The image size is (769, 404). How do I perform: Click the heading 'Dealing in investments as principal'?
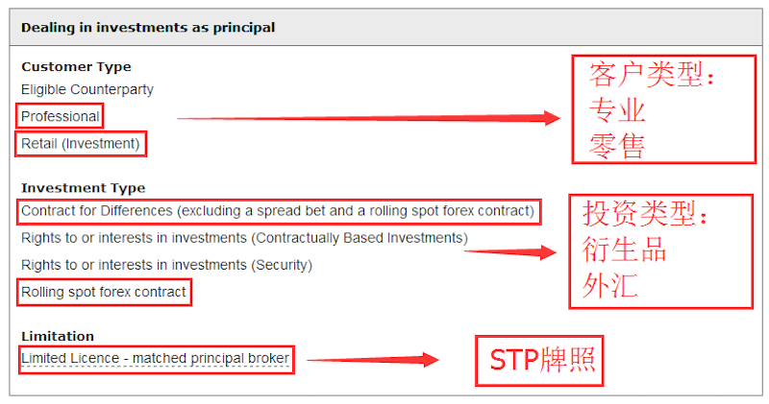[x=148, y=28]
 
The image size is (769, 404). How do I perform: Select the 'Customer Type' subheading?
[x=77, y=66]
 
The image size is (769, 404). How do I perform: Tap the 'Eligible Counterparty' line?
[x=87, y=89]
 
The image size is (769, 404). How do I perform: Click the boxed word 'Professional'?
[x=61, y=116]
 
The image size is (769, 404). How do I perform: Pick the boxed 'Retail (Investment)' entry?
[x=81, y=144]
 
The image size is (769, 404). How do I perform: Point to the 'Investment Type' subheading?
[x=84, y=188]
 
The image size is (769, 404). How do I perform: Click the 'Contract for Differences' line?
[x=278, y=211]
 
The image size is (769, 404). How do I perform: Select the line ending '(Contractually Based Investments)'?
[x=244, y=238]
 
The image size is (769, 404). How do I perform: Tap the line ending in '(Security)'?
[x=166, y=265]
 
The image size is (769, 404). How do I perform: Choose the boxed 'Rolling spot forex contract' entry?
[x=104, y=292]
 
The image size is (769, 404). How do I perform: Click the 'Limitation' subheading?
[x=58, y=337]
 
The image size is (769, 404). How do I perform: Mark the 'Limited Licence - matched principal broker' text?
[x=155, y=359]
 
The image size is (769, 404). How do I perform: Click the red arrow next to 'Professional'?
[x=369, y=118]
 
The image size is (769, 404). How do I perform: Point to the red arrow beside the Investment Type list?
[x=510, y=252]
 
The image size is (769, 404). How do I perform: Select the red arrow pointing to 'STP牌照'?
[x=373, y=360]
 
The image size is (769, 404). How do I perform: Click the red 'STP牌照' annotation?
[x=542, y=361]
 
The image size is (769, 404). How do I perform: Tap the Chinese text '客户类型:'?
[x=652, y=75]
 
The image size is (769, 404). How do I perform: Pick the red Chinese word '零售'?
[x=617, y=146]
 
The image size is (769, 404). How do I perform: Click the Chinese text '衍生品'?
[x=624, y=250]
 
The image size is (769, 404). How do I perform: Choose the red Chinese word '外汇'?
[x=610, y=286]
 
